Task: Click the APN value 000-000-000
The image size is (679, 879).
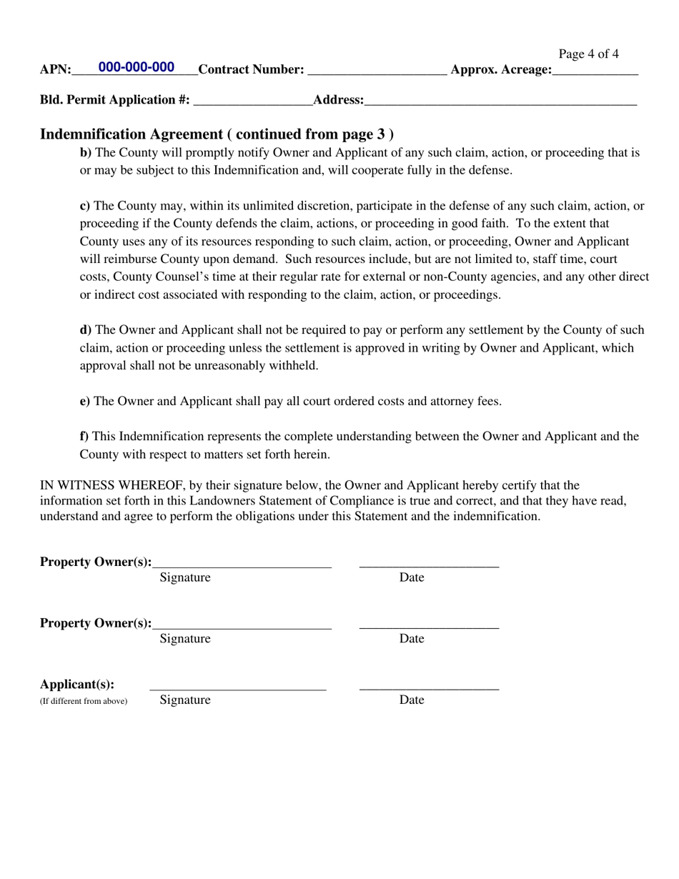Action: tap(136, 67)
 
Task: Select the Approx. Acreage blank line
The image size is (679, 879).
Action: tap(595, 70)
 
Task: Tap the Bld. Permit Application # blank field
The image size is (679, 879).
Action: tap(253, 101)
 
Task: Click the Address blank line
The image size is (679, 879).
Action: tap(500, 101)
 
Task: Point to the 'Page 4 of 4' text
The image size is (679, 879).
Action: tap(588, 54)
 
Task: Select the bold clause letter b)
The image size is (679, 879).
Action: tap(85, 152)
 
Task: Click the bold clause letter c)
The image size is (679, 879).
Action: tap(84, 206)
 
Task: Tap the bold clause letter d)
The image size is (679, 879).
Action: tap(85, 330)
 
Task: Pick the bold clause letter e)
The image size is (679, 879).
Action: tap(84, 402)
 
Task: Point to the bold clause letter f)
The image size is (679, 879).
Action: tap(84, 437)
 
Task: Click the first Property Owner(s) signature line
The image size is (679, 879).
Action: tap(242, 563)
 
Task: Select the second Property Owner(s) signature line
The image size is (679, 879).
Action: tap(242, 625)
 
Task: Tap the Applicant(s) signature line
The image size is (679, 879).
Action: tap(238, 686)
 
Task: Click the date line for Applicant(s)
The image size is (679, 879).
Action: tap(429, 686)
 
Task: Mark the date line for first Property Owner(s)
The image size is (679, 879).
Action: tap(429, 563)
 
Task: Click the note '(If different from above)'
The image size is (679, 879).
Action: tap(84, 701)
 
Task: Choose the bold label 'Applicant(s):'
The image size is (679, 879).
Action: tap(77, 684)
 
